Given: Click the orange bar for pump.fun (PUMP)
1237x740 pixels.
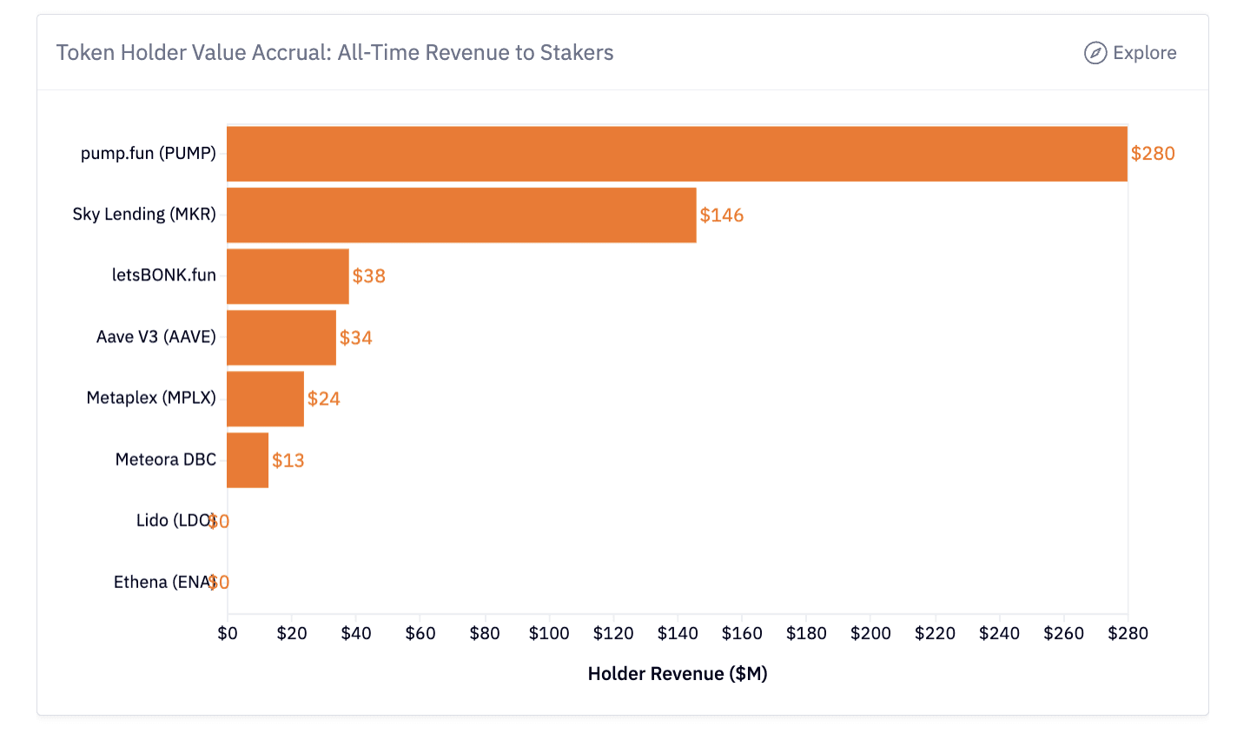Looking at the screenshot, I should pos(677,154).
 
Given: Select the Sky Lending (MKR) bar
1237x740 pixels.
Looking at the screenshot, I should pos(461,215).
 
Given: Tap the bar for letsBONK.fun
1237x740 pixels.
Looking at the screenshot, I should pos(288,276).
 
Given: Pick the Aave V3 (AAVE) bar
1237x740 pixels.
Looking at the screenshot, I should pos(281,337).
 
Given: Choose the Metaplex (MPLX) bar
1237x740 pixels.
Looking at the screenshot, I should pos(265,399).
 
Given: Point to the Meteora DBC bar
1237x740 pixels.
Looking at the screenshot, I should pos(248,459).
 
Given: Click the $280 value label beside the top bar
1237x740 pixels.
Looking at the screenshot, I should pos(1153,154).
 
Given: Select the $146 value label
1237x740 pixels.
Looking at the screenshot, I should pos(722,215).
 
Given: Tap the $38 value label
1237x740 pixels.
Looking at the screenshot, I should pos(369,276).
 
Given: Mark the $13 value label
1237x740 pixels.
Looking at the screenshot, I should pos(288,460).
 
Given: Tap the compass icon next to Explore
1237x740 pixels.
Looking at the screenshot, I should pos(1095,53).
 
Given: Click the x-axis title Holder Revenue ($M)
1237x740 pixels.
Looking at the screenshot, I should pos(678,674).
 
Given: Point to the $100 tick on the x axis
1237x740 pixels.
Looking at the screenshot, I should pos(549,634).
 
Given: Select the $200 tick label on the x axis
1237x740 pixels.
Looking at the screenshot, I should pos(870,634).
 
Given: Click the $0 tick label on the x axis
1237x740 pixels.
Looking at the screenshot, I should pos(228,634).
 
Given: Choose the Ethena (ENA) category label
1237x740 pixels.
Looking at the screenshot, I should pos(163,582).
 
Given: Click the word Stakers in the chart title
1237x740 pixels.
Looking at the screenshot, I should pos(577,53).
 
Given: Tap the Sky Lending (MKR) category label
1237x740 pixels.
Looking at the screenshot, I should pos(144,215).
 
